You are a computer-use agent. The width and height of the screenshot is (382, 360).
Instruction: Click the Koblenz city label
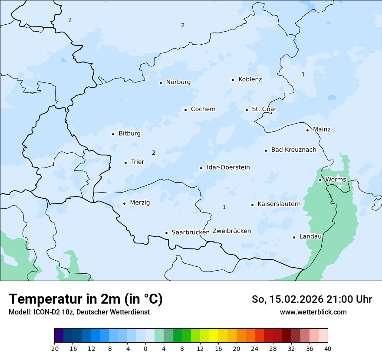tap(250, 79)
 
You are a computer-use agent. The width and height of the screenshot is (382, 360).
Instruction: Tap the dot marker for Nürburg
tap(161, 82)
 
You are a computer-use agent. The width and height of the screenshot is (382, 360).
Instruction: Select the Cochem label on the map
tap(203, 109)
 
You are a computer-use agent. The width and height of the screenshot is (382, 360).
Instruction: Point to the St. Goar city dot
tap(247, 110)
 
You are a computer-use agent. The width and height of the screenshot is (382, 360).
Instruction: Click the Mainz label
tap(322, 130)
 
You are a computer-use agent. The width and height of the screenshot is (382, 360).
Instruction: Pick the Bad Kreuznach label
tap(293, 150)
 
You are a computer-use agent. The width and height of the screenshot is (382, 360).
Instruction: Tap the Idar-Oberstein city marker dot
tap(201, 168)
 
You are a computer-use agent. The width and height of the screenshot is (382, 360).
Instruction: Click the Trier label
tap(137, 162)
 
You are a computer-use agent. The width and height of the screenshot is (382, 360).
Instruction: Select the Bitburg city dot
tap(113, 134)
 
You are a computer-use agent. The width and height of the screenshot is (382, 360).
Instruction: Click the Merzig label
tap(140, 203)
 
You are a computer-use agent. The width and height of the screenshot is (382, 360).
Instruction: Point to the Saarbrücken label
tap(191, 232)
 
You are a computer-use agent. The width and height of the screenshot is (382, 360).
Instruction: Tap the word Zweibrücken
tap(231, 231)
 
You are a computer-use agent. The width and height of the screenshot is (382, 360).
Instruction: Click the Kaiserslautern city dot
tap(252, 205)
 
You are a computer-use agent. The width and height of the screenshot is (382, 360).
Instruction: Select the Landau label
tap(310, 237)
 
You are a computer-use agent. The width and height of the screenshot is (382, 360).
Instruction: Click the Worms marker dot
tap(320, 180)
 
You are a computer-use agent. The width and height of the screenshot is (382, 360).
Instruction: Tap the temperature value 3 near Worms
tap(330, 196)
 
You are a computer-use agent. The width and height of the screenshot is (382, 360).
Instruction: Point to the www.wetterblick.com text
tap(313, 312)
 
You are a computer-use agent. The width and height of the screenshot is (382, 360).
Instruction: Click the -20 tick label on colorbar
tap(54, 349)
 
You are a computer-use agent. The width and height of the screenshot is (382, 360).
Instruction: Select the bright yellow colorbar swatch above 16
tap(214, 336)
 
